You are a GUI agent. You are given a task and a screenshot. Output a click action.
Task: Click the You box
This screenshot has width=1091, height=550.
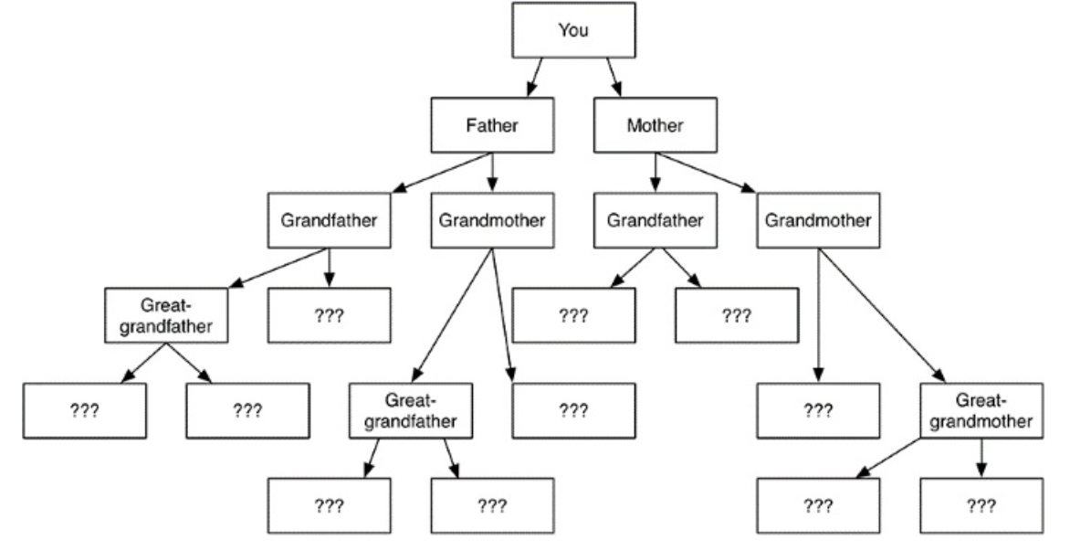pos(573,30)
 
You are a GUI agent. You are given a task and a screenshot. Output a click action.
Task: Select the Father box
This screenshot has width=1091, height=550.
pos(492,125)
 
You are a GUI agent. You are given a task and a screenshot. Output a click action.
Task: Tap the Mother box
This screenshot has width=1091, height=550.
pos(655,125)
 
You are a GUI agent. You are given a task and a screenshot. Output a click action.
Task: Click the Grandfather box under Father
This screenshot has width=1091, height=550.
pos(329,220)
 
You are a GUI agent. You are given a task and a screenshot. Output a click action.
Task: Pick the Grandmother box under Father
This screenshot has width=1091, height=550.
pos(492,220)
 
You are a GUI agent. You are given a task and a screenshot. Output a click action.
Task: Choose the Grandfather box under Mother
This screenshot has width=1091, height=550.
pos(655,220)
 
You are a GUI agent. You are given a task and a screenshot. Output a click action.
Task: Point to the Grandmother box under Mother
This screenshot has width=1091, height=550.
pos(817,220)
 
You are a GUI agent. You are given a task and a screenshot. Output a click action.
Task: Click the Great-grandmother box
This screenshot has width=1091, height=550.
pos(981,411)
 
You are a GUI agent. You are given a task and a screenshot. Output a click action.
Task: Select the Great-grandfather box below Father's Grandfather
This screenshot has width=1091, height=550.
pos(166,315)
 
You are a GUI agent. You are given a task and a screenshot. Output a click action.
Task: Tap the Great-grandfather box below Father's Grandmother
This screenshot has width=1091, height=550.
pos(411,411)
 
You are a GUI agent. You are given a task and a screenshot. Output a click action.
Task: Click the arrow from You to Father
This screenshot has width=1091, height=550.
pos(535,78)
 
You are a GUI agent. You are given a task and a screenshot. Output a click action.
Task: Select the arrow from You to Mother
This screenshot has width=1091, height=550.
pos(614,78)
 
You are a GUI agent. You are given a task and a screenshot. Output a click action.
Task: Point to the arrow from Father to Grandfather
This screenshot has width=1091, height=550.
pos(443,172)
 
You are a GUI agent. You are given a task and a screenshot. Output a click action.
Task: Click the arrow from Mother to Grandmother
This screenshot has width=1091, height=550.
pos(705,172)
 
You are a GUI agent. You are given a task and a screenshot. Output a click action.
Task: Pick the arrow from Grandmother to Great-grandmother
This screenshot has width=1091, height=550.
pos(882,315)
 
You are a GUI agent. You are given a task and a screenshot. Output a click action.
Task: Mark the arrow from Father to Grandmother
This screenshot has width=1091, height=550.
pos(493,172)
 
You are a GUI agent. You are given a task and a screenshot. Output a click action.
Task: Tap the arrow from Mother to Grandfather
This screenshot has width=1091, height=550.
pos(655,172)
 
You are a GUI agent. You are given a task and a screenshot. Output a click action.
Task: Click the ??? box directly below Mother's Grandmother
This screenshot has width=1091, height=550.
pos(817,411)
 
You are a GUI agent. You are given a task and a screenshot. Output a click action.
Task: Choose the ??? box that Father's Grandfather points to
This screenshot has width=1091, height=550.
pos(329,315)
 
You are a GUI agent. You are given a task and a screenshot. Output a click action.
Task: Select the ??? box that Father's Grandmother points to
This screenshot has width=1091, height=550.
pos(573,411)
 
